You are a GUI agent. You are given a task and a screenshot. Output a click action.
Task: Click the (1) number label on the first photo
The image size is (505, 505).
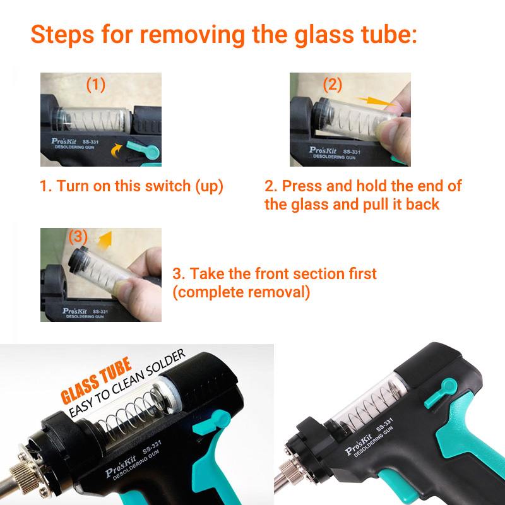(96, 85)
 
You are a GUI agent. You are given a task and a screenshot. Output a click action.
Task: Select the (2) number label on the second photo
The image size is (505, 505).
(333, 85)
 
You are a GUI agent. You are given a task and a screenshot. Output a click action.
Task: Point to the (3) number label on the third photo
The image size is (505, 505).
(78, 237)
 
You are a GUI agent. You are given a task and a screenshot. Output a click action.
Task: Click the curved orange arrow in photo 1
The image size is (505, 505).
(116, 150)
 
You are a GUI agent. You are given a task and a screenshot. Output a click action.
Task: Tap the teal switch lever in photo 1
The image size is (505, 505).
(144, 150)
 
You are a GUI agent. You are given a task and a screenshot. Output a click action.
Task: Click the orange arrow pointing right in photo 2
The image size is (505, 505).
(377, 101)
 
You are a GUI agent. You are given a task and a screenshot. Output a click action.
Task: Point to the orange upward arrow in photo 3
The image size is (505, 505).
(105, 241)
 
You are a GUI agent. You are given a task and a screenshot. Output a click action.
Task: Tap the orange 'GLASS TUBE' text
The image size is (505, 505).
(97, 381)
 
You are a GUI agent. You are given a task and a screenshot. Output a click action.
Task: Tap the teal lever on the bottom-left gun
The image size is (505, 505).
(212, 424)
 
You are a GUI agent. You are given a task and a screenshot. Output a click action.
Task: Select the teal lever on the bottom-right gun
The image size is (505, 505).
(441, 393)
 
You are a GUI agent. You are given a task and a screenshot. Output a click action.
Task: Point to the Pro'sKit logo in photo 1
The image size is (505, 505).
(64, 141)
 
